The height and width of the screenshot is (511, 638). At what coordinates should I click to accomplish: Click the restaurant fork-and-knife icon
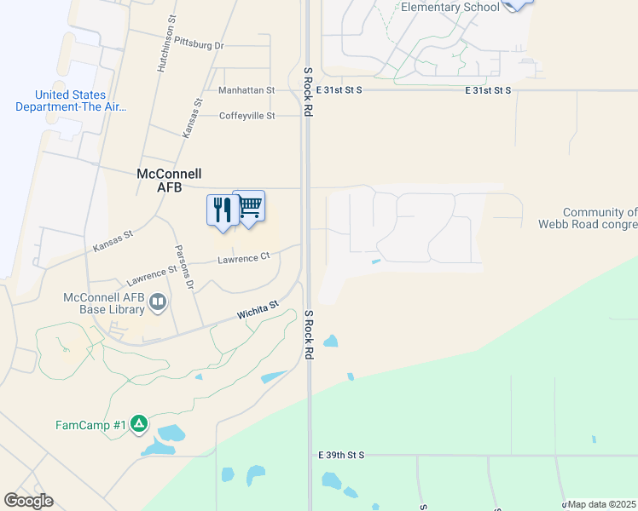click(x=223, y=209)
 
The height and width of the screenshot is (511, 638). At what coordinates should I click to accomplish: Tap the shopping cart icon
click(x=249, y=204)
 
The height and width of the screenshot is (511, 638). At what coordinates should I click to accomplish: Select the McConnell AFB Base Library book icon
click(x=158, y=301)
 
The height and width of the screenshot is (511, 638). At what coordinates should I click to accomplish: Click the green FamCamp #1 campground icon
click(x=139, y=423)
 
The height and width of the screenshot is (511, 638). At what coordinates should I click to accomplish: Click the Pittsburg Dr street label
click(x=198, y=43)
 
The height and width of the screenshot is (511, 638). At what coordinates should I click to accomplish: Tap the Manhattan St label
click(x=246, y=89)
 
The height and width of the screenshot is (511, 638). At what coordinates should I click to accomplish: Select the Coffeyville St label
click(x=246, y=116)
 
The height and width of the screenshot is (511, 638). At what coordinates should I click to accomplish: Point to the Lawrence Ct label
click(x=243, y=258)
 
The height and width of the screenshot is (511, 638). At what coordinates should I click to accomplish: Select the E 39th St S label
click(x=340, y=456)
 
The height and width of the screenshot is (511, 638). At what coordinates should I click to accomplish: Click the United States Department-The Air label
click(x=71, y=101)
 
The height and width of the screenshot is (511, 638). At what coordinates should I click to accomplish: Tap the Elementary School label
click(x=449, y=8)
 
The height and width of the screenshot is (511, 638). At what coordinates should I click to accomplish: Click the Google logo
click(x=28, y=501)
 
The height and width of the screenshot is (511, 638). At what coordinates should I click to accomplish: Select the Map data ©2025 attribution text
click(x=602, y=504)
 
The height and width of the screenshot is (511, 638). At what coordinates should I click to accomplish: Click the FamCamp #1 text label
click(x=90, y=424)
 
